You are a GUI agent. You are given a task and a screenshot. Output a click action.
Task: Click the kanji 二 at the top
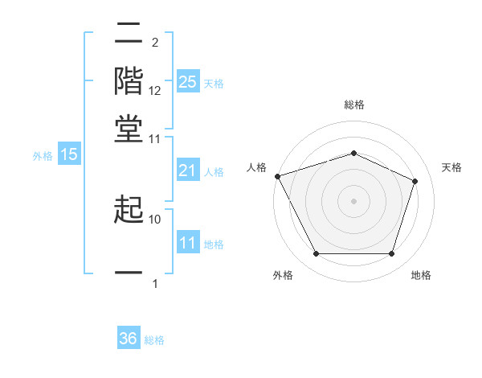(x=129, y=34)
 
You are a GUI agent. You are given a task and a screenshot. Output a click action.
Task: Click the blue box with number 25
(x=188, y=82)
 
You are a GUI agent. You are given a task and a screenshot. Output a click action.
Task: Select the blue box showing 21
(x=188, y=171)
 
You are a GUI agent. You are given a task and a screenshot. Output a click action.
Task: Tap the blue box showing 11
(x=188, y=244)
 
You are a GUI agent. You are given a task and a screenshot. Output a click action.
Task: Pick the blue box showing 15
(x=69, y=155)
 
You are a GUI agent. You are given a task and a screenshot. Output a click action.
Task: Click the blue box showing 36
(x=129, y=339)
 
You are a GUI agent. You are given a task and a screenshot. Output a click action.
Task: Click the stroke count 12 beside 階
(x=155, y=92)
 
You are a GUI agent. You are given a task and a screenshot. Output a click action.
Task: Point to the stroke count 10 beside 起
(x=155, y=219)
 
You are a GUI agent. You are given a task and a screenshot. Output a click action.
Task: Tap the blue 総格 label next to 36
(x=154, y=340)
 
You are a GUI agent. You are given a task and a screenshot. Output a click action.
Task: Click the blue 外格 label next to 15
(x=43, y=156)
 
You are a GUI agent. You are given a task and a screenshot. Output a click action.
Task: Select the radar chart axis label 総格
(x=353, y=105)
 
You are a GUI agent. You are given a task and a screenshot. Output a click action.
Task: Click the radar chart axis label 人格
(x=257, y=167)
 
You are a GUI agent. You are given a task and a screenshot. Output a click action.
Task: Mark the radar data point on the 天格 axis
(x=415, y=181)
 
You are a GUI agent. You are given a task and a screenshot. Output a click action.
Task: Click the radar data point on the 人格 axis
(x=277, y=176)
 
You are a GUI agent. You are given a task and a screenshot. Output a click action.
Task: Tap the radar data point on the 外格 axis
(x=316, y=254)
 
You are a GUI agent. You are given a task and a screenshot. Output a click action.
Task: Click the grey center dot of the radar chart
(x=353, y=201)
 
